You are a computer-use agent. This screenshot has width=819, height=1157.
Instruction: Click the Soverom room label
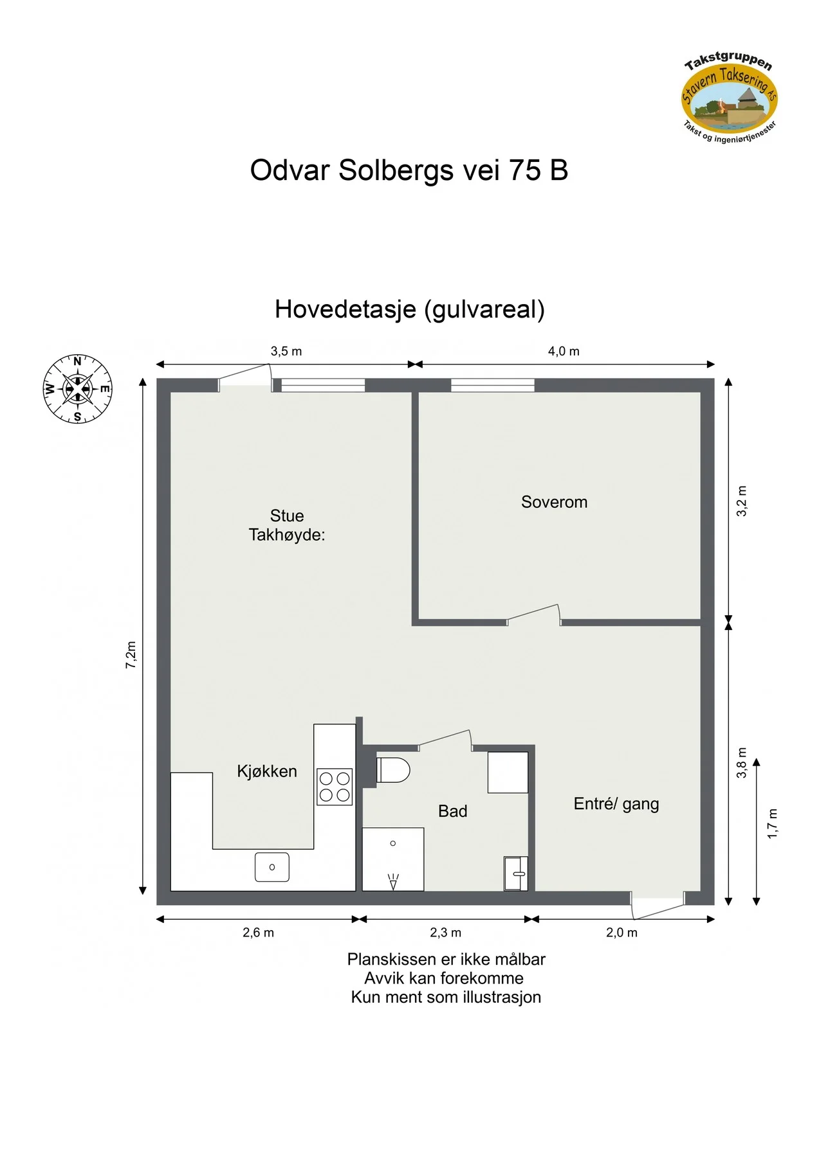(554, 502)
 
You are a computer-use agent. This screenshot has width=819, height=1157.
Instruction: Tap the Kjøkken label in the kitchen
(267, 771)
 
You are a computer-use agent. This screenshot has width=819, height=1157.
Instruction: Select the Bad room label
(452, 811)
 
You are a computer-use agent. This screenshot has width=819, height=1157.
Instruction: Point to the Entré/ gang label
(616, 804)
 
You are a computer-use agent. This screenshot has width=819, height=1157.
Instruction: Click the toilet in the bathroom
(392, 769)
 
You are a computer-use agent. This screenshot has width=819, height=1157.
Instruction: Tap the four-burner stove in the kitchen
(335, 787)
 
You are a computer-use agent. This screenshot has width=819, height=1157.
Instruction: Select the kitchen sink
(272, 867)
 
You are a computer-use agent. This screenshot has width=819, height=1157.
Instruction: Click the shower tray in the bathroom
(393, 859)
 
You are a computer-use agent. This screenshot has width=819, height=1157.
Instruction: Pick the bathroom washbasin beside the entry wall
(515, 874)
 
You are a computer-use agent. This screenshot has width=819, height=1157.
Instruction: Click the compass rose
(77, 389)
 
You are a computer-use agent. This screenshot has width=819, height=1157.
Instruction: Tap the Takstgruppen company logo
(730, 97)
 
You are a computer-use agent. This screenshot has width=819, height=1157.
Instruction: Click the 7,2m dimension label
(131, 655)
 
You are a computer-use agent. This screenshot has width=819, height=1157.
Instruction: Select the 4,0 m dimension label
(564, 352)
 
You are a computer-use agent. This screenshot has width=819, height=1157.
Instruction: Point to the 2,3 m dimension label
(445, 933)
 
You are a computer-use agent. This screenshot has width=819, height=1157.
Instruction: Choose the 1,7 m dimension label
(773, 823)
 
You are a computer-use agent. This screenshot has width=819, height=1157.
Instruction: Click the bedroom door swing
(534, 614)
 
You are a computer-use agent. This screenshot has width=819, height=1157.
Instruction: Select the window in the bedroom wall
(493, 385)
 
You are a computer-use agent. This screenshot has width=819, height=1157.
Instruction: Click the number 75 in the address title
(525, 170)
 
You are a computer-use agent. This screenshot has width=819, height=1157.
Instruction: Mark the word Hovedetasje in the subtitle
(345, 310)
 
